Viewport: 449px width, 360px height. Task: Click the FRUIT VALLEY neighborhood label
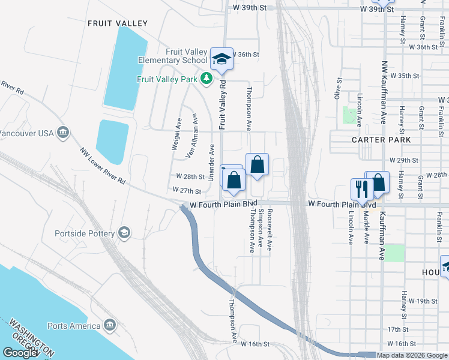118,23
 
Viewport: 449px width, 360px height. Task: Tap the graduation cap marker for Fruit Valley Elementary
221,59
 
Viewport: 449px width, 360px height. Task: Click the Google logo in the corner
20,353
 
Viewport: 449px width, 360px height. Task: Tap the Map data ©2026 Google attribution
412,355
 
